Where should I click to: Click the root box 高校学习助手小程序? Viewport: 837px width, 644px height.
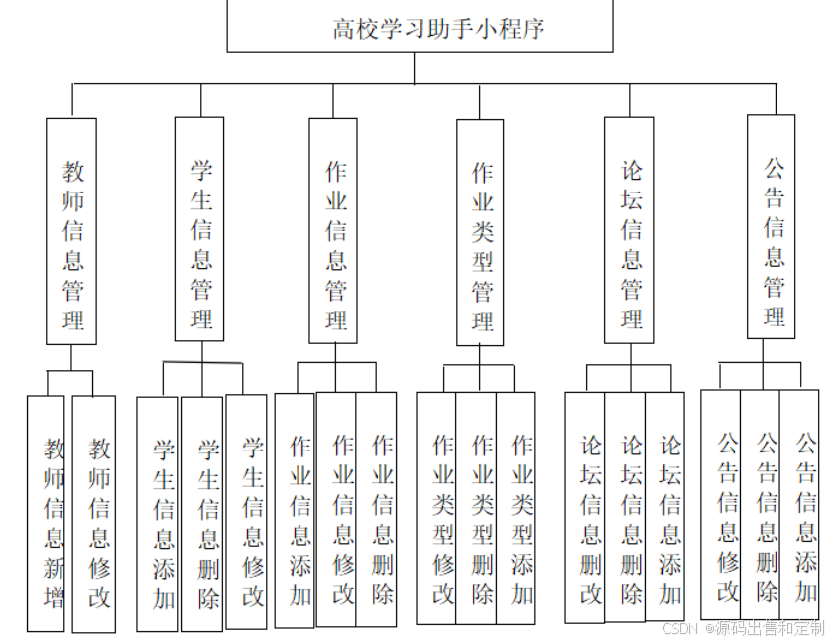(x=420, y=27)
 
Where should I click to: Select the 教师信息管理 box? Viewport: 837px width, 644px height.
(x=71, y=231)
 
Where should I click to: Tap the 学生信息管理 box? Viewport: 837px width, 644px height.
(x=199, y=229)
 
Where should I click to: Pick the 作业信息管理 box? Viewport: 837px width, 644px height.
(x=333, y=231)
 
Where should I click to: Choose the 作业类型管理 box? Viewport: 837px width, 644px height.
(x=480, y=233)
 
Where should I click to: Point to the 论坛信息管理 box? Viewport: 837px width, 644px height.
(x=629, y=231)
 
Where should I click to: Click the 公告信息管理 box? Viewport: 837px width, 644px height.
(x=772, y=227)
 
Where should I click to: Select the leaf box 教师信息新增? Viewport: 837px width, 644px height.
(x=47, y=513)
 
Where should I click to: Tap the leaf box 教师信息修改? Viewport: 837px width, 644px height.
(x=94, y=514)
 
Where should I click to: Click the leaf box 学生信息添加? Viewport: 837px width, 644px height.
(x=158, y=514)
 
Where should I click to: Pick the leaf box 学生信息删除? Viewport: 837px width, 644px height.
(x=203, y=514)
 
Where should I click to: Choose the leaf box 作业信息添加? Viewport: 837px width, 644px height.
(x=295, y=510)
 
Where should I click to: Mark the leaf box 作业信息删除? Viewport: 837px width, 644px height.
(x=377, y=509)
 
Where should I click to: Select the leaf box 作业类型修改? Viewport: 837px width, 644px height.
(x=436, y=508)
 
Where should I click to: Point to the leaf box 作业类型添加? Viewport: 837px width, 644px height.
(x=516, y=508)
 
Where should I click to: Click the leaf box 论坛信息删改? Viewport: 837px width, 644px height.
(x=585, y=507)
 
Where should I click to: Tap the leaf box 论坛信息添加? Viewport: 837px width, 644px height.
(x=664, y=507)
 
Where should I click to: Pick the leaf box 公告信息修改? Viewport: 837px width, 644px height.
(x=721, y=505)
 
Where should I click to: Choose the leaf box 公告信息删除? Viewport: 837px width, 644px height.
(x=760, y=505)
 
